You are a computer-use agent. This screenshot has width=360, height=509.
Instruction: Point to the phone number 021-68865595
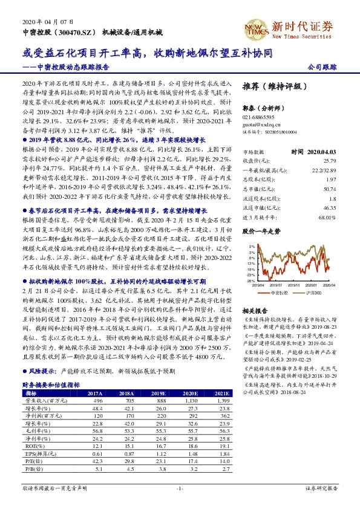pyautogui.click(x=258, y=116)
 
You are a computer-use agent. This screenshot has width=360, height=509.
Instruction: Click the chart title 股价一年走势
pyautogui.click(x=261, y=232)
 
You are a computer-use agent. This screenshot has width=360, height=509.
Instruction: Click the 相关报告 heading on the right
pyautogui.click(x=255, y=310)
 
